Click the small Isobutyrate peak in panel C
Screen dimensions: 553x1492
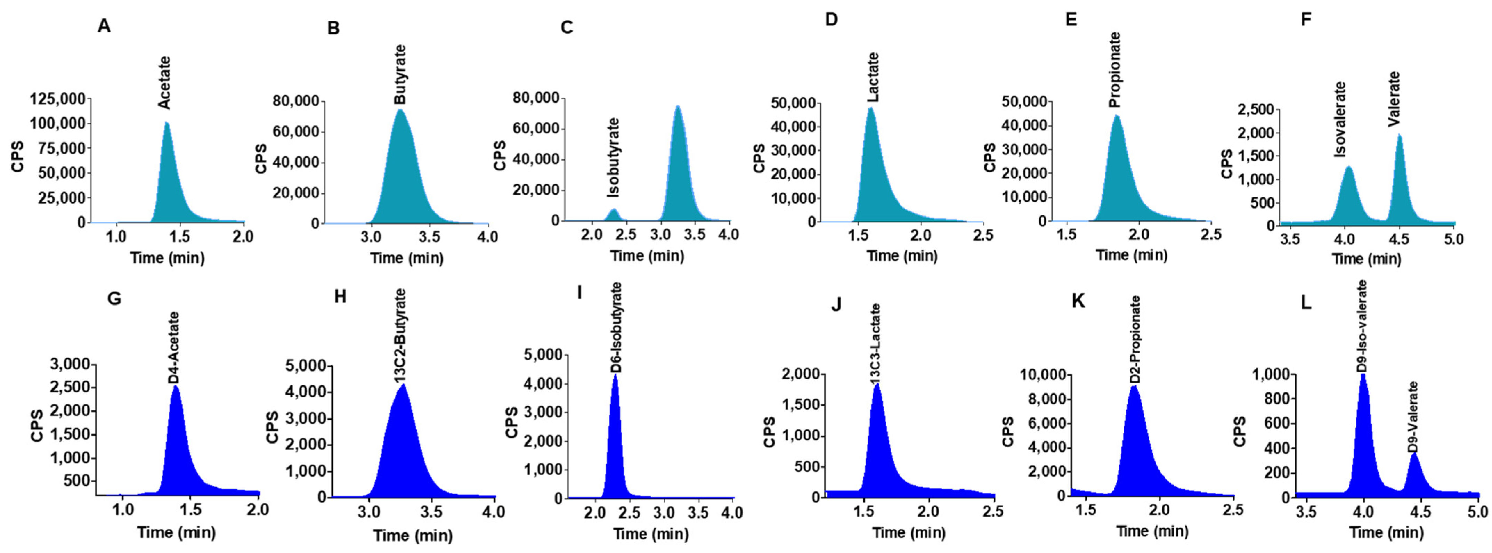613,213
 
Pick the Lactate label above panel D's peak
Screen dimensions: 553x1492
873,78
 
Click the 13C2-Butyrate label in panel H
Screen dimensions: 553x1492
400,336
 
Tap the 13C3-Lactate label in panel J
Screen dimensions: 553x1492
876,344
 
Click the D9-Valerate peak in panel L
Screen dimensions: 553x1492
1415,472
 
